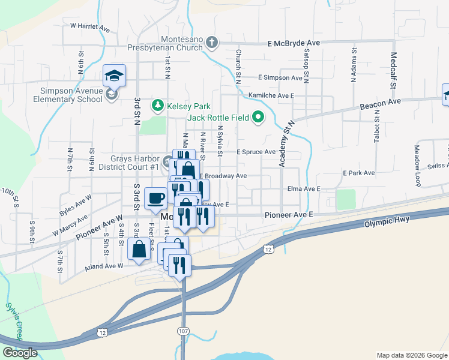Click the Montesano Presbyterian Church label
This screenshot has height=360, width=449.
(164, 43)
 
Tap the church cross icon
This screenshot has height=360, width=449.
(211, 43)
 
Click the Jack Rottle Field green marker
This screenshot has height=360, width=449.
(259, 117)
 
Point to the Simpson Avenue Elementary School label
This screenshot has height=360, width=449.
(68, 95)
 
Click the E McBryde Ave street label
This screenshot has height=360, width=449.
(294, 43)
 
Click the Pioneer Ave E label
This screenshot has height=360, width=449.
(289, 215)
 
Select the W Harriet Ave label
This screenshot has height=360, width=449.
(90, 27)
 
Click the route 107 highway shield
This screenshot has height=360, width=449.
(184, 331)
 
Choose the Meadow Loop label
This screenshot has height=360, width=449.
(418, 165)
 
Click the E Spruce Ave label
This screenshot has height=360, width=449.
(256, 152)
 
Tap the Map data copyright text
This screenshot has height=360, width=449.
(411, 355)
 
